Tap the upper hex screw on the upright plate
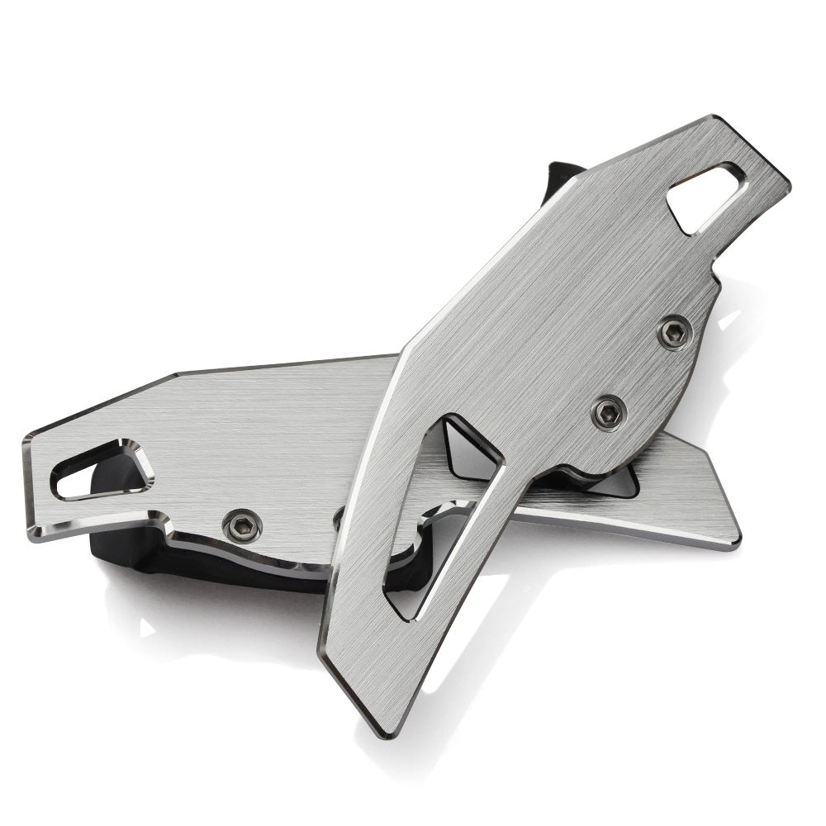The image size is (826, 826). (x=675, y=332)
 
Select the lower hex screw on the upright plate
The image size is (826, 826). (x=609, y=411)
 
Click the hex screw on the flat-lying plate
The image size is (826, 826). (x=243, y=525)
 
